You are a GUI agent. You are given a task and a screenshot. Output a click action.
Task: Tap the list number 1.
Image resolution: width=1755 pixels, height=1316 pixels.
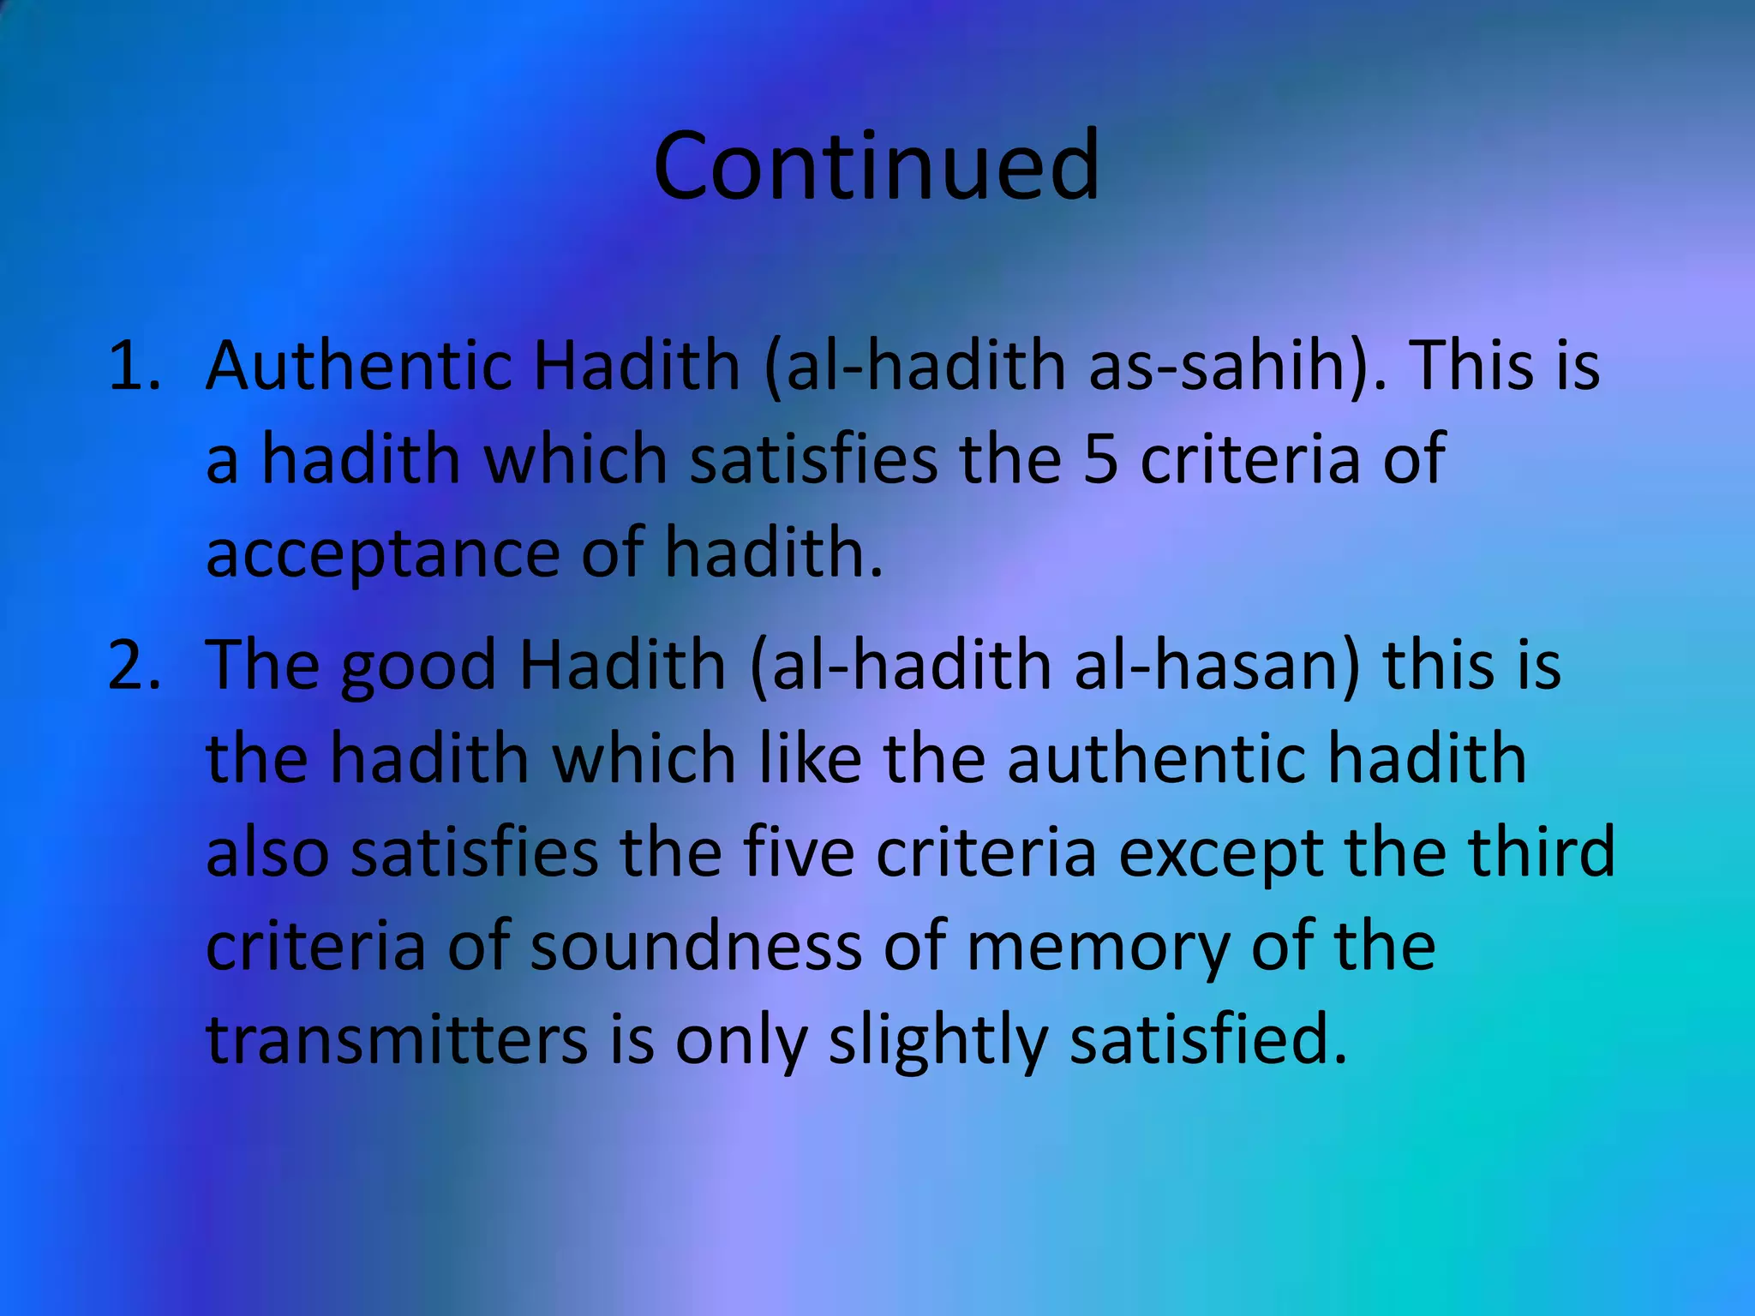point(134,366)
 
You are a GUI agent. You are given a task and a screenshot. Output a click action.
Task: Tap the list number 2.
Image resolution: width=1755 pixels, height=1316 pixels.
point(134,665)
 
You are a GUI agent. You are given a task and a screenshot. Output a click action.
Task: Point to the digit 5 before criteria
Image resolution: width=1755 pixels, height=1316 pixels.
point(1100,459)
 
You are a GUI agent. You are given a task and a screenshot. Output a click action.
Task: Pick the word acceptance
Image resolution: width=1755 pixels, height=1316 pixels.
point(382,554)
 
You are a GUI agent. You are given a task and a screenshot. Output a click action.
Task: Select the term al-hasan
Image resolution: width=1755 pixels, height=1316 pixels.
point(1217,665)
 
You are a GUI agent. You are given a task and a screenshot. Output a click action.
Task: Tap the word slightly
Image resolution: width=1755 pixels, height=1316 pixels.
point(937,1042)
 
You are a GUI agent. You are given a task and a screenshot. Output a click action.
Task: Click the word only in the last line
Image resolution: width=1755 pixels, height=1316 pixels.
point(741,1042)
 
